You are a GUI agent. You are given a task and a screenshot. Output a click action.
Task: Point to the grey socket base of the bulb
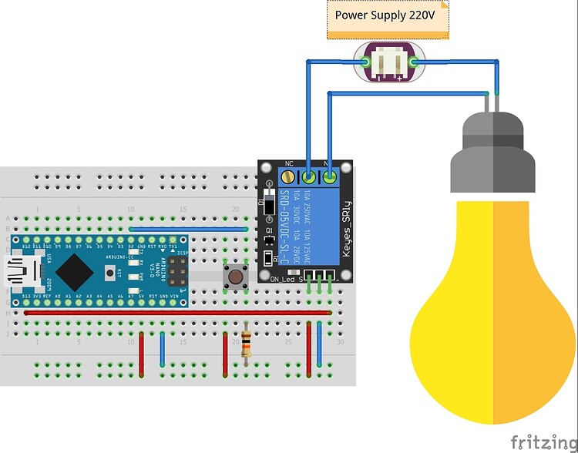(492, 154)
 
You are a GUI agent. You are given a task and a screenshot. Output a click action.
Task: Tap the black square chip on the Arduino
(76, 270)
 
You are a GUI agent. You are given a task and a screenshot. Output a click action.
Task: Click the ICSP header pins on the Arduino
(176, 270)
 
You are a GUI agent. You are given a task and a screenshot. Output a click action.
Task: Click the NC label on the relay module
(291, 163)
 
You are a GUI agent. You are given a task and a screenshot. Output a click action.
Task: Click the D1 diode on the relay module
(269, 207)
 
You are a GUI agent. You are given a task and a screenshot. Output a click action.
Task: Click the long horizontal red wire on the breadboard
(177, 313)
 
